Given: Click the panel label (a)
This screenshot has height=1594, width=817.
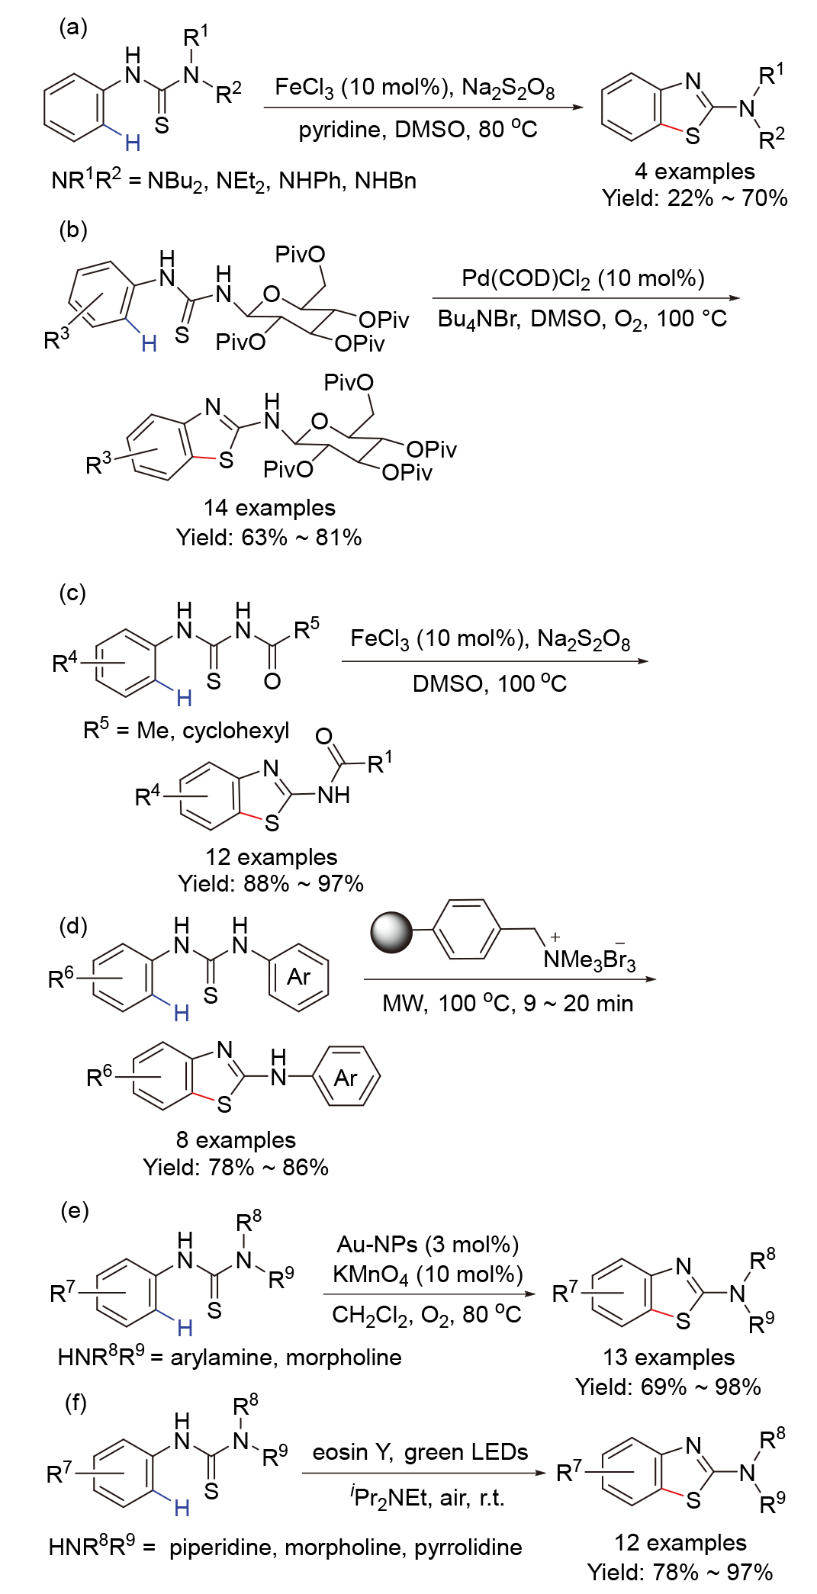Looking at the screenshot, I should pyautogui.click(x=73, y=27).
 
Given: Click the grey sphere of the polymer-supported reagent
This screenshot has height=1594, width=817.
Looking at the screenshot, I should pyautogui.click(x=391, y=932).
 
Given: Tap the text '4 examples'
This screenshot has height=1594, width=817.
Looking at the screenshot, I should pyautogui.click(x=694, y=171).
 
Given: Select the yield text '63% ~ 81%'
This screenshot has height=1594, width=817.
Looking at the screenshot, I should pyautogui.click(x=269, y=538).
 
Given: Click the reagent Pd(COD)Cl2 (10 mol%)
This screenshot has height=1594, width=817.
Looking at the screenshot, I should pyautogui.click(x=583, y=278).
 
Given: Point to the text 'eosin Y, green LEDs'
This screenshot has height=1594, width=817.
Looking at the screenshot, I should pyautogui.click(x=420, y=1451).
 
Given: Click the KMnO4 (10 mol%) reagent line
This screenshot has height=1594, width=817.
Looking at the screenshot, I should pyautogui.click(x=428, y=1274).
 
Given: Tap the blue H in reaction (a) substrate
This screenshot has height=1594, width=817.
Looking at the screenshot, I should pyautogui.click(x=133, y=143).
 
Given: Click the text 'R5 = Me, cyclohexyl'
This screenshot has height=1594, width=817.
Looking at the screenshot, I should pyautogui.click(x=186, y=730).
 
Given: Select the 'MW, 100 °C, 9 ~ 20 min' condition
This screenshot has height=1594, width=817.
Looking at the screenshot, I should pyautogui.click(x=507, y=1003).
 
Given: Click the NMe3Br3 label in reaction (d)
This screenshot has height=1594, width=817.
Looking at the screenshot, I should pyautogui.click(x=589, y=959).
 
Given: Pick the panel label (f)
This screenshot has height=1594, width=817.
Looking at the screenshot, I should pyautogui.click(x=76, y=1402).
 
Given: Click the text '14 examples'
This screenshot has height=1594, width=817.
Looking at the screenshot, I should pyautogui.click(x=269, y=508).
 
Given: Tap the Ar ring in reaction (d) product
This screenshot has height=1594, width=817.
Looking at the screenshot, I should pyautogui.click(x=346, y=1077).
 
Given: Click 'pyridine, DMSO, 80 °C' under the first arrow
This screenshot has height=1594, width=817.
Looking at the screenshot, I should pyautogui.click(x=418, y=130).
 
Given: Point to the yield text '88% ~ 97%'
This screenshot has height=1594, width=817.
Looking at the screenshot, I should pyautogui.click(x=271, y=883).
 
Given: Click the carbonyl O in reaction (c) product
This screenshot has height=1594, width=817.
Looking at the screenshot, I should pyautogui.click(x=323, y=736).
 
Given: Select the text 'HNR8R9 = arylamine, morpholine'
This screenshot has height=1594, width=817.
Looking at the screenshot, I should pyautogui.click(x=230, y=1357).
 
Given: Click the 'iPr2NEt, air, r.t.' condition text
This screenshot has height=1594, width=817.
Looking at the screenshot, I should pyautogui.click(x=428, y=1497).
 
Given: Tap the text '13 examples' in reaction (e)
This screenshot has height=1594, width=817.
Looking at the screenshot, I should pyautogui.click(x=668, y=1357).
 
